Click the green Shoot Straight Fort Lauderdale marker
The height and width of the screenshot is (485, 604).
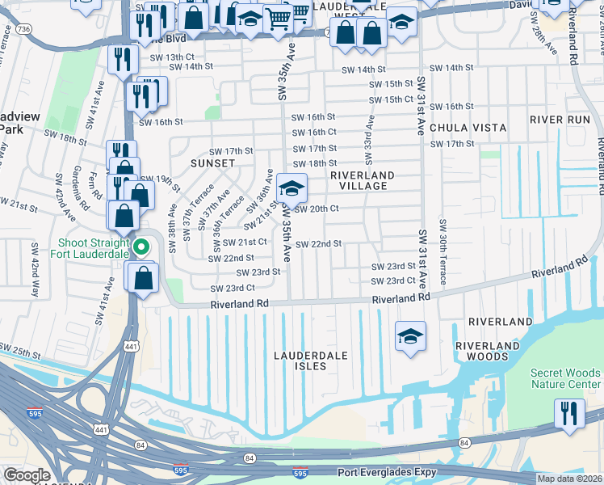(x=142, y=247)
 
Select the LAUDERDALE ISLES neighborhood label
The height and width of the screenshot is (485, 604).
(x=311, y=361)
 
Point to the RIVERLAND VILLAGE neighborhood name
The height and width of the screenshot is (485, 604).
(x=363, y=180)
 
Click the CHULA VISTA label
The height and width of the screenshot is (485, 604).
(x=468, y=128)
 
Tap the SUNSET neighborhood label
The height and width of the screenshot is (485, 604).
(x=212, y=162)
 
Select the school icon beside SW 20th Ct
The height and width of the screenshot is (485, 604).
(x=292, y=189)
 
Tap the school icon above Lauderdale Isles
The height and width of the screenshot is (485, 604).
(x=410, y=335)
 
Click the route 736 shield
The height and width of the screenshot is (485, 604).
(x=23, y=29)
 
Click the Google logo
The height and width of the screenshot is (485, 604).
(x=27, y=474)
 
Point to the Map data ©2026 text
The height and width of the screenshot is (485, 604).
(x=568, y=479)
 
